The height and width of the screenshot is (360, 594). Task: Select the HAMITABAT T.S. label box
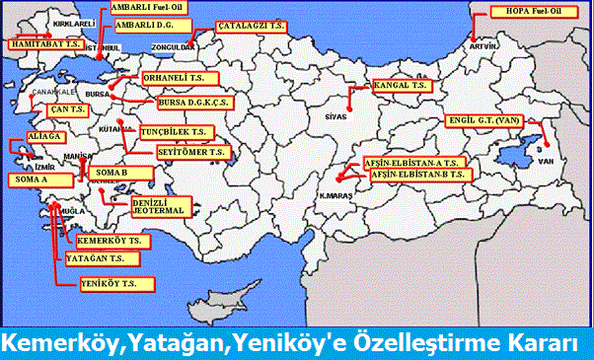(39, 45)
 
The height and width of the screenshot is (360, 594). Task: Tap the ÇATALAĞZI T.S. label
(253, 27)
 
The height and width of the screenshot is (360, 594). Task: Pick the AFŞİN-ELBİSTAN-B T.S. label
(419, 174)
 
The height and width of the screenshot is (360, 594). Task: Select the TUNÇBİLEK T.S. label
(177, 131)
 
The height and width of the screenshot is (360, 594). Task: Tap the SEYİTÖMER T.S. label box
(192, 153)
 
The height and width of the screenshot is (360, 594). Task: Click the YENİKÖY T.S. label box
(116, 284)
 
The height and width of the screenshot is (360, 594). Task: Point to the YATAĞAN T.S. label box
(102, 259)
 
